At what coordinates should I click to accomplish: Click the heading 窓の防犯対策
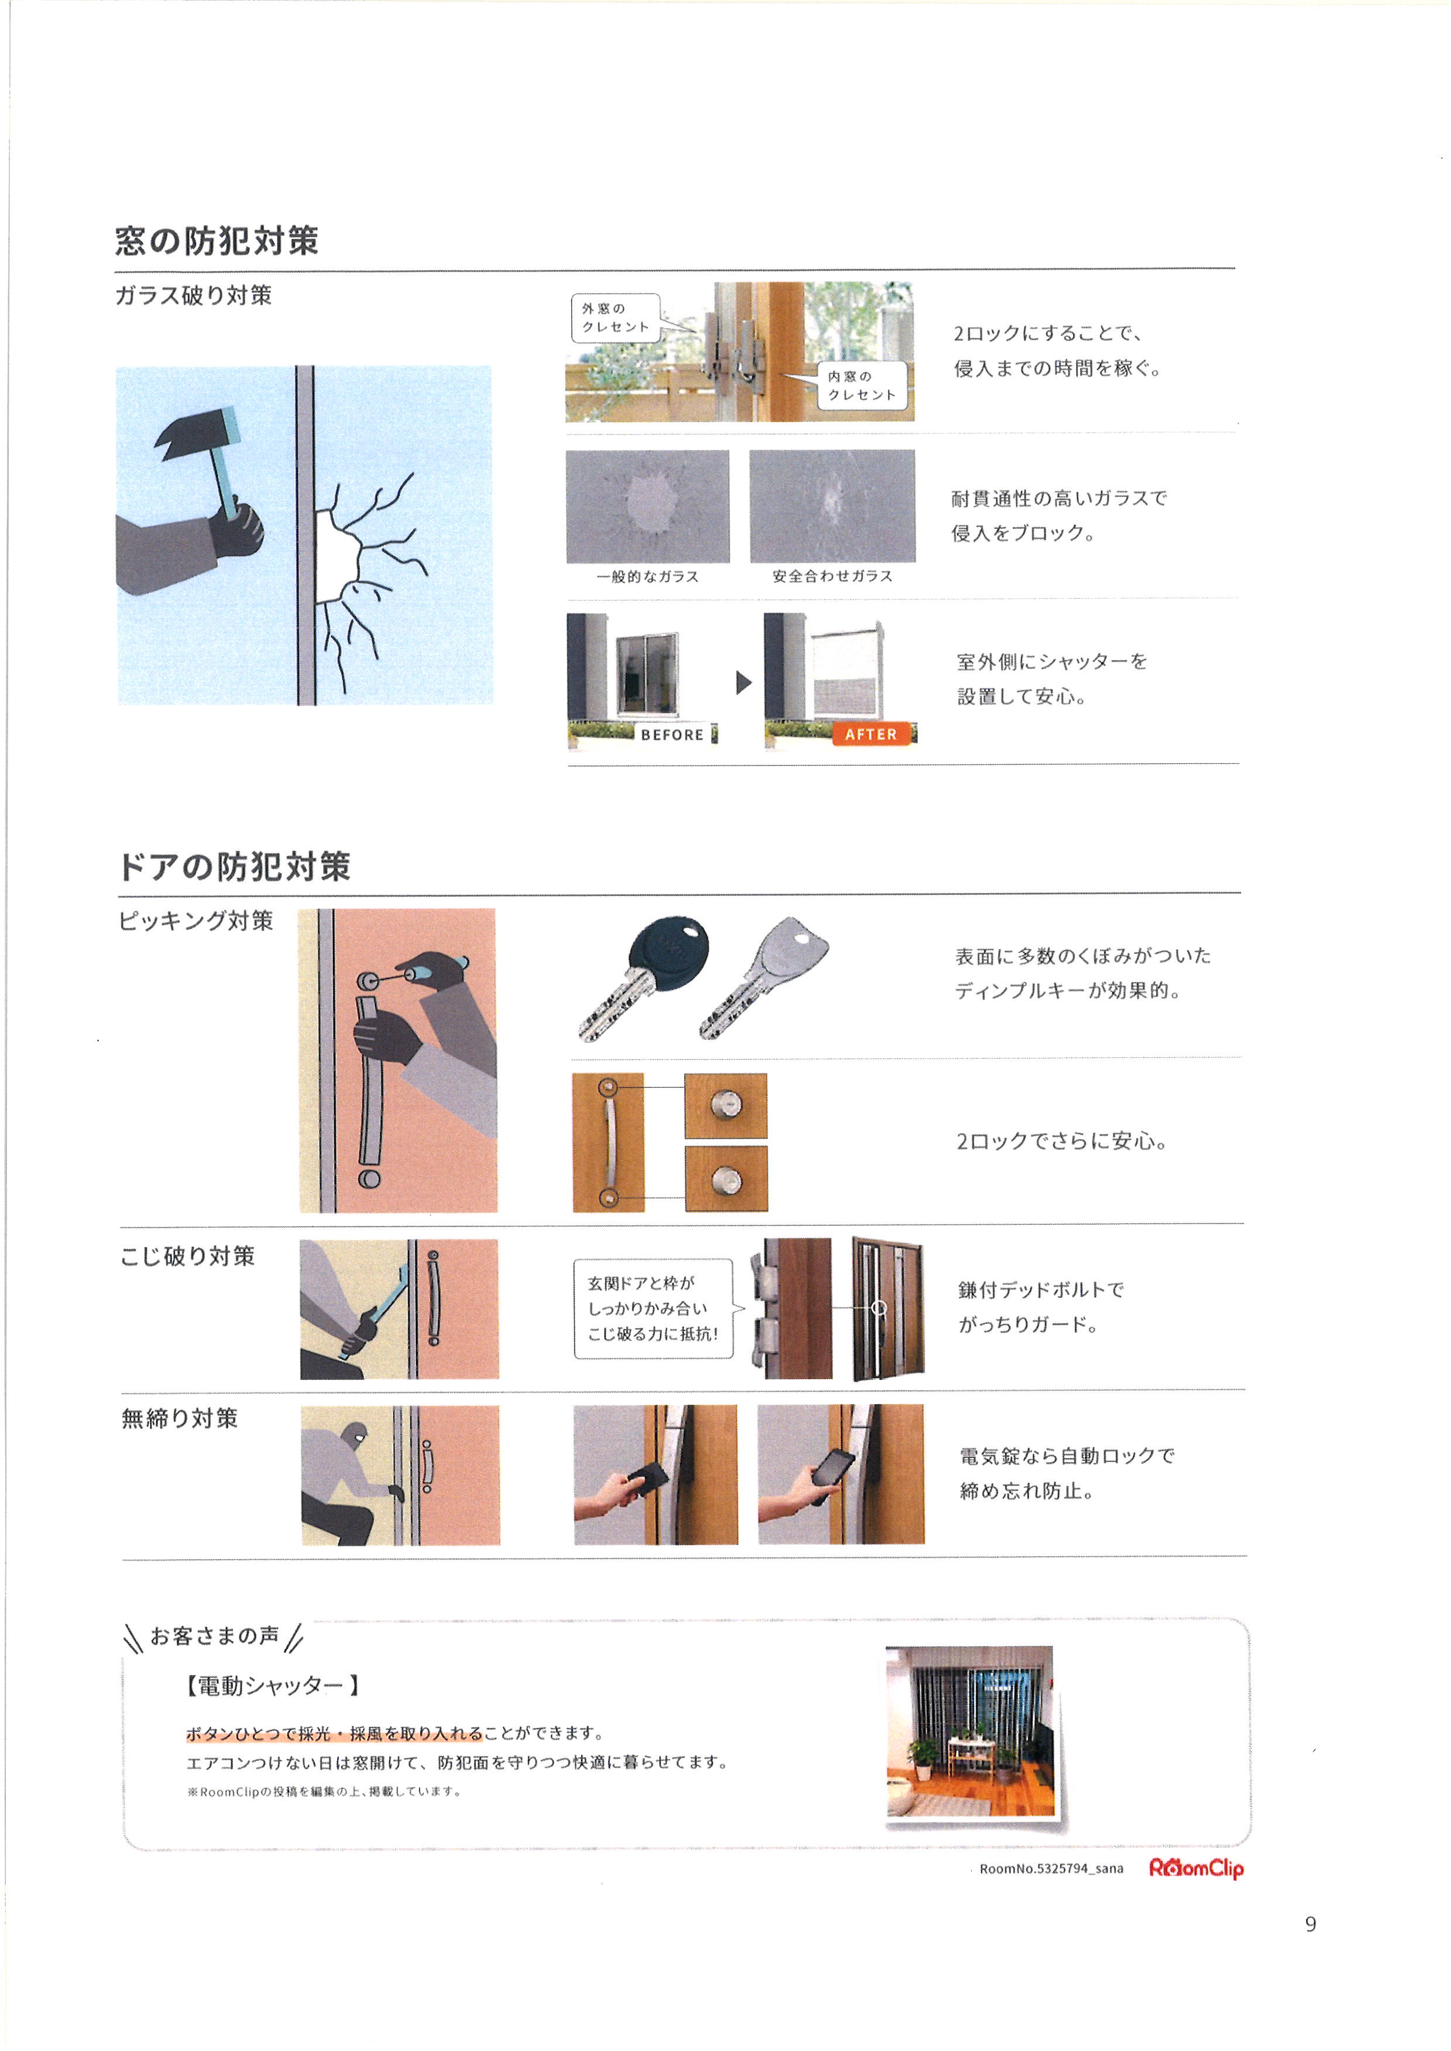click(217, 241)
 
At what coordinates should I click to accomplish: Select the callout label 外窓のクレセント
click(616, 318)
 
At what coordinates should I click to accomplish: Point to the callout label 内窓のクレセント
click(862, 386)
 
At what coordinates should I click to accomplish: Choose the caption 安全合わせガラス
click(833, 576)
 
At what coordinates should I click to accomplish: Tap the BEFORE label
click(672, 735)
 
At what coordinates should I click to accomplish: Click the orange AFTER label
click(871, 735)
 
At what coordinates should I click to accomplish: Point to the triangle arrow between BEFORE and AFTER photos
click(744, 683)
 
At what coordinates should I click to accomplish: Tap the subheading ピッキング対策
click(197, 921)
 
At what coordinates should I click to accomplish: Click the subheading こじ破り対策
click(188, 1257)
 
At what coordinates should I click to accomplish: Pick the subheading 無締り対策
click(180, 1419)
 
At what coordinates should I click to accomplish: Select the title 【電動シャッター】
click(273, 1685)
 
